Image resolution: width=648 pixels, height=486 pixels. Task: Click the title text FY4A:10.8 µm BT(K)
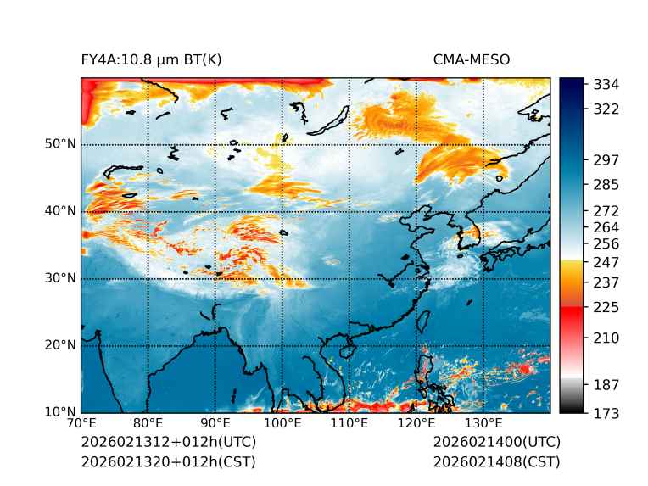[151, 59]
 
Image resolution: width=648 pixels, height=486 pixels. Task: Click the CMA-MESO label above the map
[472, 59]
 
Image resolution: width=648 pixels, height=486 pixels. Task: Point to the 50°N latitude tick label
[60, 144]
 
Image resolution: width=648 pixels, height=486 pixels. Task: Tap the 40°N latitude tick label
[60, 211]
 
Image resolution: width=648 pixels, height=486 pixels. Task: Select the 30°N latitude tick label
[60, 278]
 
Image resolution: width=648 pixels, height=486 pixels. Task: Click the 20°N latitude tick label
[60, 345]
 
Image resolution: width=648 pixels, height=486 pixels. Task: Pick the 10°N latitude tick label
[60, 412]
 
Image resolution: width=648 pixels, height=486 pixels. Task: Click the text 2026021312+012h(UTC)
[168, 443]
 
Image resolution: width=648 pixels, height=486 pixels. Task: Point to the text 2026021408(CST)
[496, 462]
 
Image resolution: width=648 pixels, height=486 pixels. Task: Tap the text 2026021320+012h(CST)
[168, 462]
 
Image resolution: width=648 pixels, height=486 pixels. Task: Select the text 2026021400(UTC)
[496, 443]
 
